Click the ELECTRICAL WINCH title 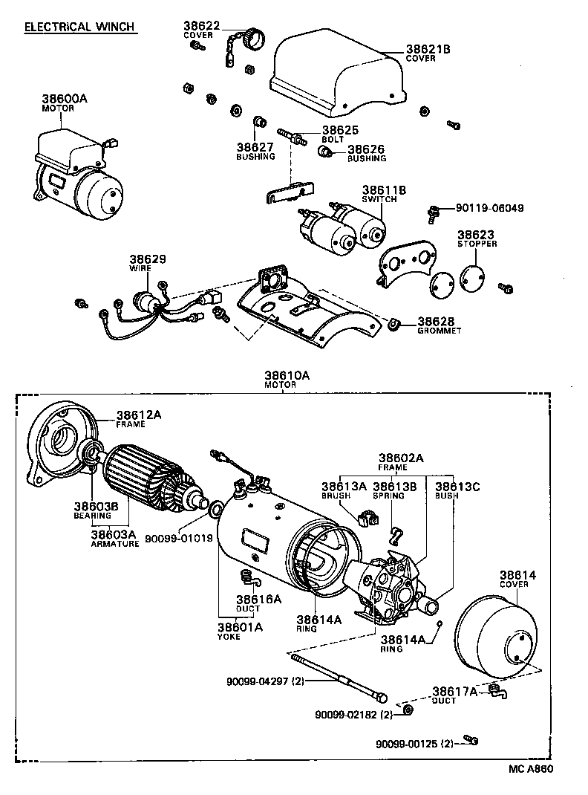79,27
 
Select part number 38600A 64,98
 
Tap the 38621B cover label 428,50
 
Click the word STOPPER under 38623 477,244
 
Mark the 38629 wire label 149,259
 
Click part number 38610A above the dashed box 286,377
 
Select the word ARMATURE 115,543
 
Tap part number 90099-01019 178,537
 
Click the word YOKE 229,637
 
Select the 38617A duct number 455,691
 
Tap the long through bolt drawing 338,675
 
